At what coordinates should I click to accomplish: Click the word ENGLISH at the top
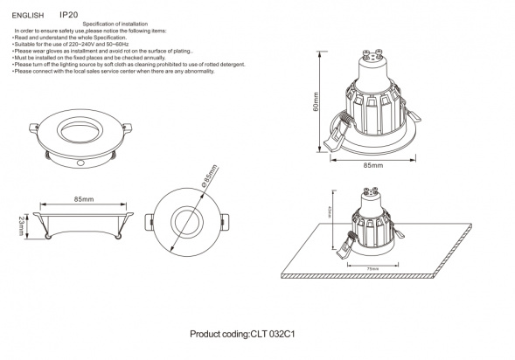point(28,15)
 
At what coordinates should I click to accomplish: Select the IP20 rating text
point(68,15)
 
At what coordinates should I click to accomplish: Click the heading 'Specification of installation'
point(114,23)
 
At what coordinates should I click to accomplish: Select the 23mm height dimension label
point(21,229)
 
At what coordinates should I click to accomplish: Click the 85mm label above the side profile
point(84,200)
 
